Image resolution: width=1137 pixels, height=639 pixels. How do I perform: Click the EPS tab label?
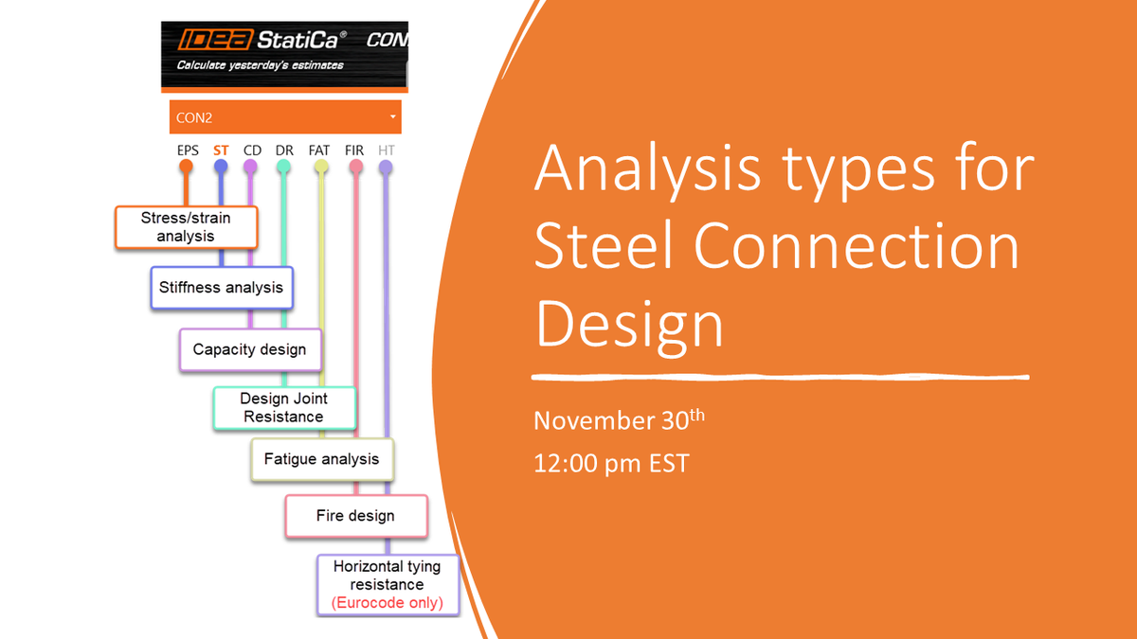(187, 150)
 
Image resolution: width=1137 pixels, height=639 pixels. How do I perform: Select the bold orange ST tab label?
(221, 150)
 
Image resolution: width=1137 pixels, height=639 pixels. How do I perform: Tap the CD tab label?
(252, 150)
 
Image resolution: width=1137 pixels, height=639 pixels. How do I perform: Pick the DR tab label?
(284, 150)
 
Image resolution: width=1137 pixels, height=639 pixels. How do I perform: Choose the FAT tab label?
(319, 150)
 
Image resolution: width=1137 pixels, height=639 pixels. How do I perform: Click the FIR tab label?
(354, 150)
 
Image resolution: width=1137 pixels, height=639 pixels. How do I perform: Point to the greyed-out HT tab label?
(386, 150)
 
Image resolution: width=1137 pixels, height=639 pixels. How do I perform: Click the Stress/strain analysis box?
(186, 227)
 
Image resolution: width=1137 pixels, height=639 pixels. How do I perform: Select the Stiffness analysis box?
(221, 287)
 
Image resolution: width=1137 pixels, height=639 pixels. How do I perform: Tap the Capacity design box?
(249, 349)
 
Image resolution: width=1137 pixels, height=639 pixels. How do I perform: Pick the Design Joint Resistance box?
(283, 408)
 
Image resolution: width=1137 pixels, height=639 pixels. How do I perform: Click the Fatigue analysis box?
(321, 459)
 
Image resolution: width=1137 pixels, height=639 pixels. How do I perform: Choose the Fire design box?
(355, 516)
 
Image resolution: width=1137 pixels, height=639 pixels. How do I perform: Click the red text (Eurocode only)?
(387, 602)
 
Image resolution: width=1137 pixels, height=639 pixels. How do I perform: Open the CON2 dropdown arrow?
(392, 117)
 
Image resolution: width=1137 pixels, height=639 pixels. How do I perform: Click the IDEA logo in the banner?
(208, 42)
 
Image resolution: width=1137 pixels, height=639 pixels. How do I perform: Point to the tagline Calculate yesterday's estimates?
(260, 65)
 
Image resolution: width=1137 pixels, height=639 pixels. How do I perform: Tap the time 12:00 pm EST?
(611, 464)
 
